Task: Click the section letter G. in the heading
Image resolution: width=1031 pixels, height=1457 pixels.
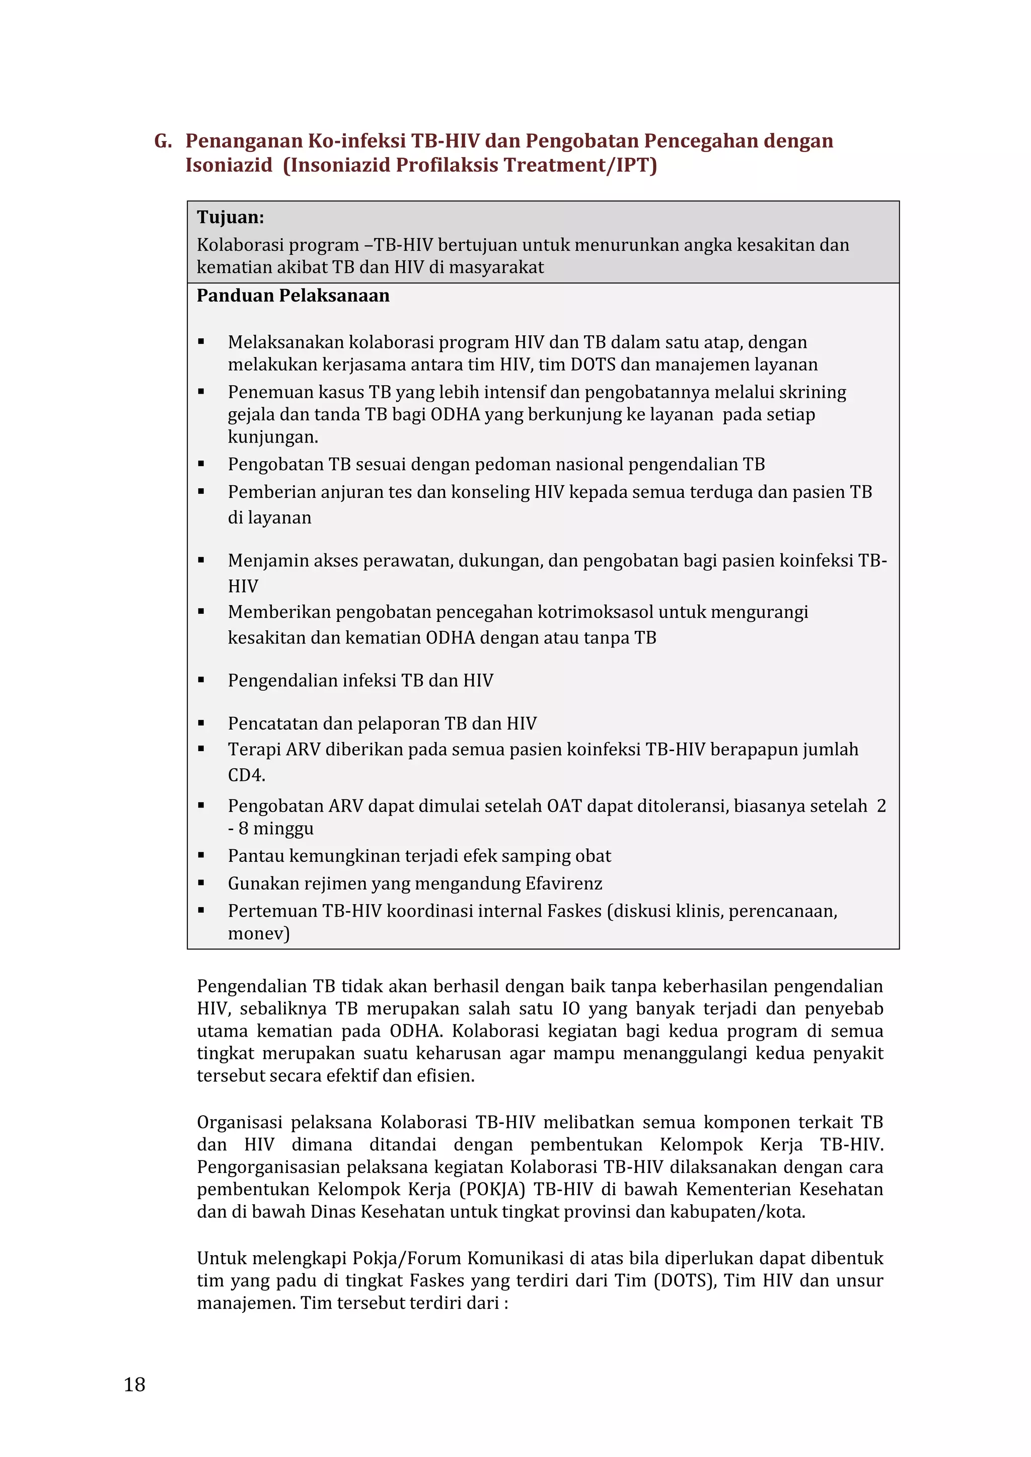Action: pyautogui.click(x=163, y=141)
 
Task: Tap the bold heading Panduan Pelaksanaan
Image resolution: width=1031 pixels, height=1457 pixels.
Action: pyautogui.click(x=292, y=296)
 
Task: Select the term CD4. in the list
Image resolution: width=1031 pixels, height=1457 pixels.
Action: pyautogui.click(x=246, y=775)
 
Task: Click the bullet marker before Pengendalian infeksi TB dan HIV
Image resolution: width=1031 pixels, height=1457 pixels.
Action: pyautogui.click(x=201, y=680)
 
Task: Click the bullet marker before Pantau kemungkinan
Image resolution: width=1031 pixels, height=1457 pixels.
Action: pyautogui.click(x=201, y=855)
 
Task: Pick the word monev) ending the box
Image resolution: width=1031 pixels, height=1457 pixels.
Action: pyautogui.click(x=258, y=933)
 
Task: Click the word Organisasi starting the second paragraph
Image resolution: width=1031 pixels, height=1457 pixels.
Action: pyautogui.click(x=239, y=1122)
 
